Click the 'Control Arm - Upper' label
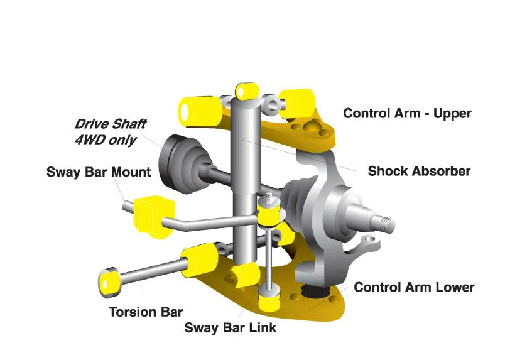point(406,114)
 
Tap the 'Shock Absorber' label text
point(418,171)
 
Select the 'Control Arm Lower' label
point(413,288)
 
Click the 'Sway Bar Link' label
point(230,327)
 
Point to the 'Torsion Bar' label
point(145,312)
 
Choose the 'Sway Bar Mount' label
point(99,172)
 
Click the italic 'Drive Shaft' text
point(112,124)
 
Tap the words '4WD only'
point(106,139)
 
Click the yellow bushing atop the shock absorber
point(246,90)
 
